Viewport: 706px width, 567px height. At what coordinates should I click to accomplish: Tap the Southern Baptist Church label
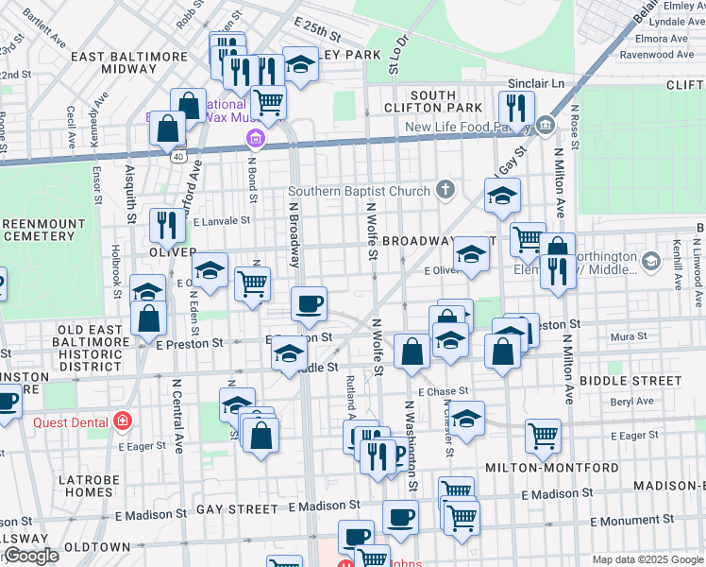pos(359,192)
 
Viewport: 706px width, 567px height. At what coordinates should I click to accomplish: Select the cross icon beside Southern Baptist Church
pos(446,192)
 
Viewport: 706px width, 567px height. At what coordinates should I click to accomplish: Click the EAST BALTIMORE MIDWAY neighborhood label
pos(130,62)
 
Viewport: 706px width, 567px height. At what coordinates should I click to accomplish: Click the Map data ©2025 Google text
pos(647,559)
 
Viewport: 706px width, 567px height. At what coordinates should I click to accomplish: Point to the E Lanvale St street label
pos(221,220)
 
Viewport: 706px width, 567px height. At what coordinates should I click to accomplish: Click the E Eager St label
pos(634,436)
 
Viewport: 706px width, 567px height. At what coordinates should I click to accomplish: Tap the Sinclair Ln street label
pos(535,84)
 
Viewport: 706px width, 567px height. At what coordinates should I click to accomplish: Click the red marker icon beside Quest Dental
pos(122,421)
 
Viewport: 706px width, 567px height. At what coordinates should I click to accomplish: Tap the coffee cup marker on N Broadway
pos(309,305)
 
